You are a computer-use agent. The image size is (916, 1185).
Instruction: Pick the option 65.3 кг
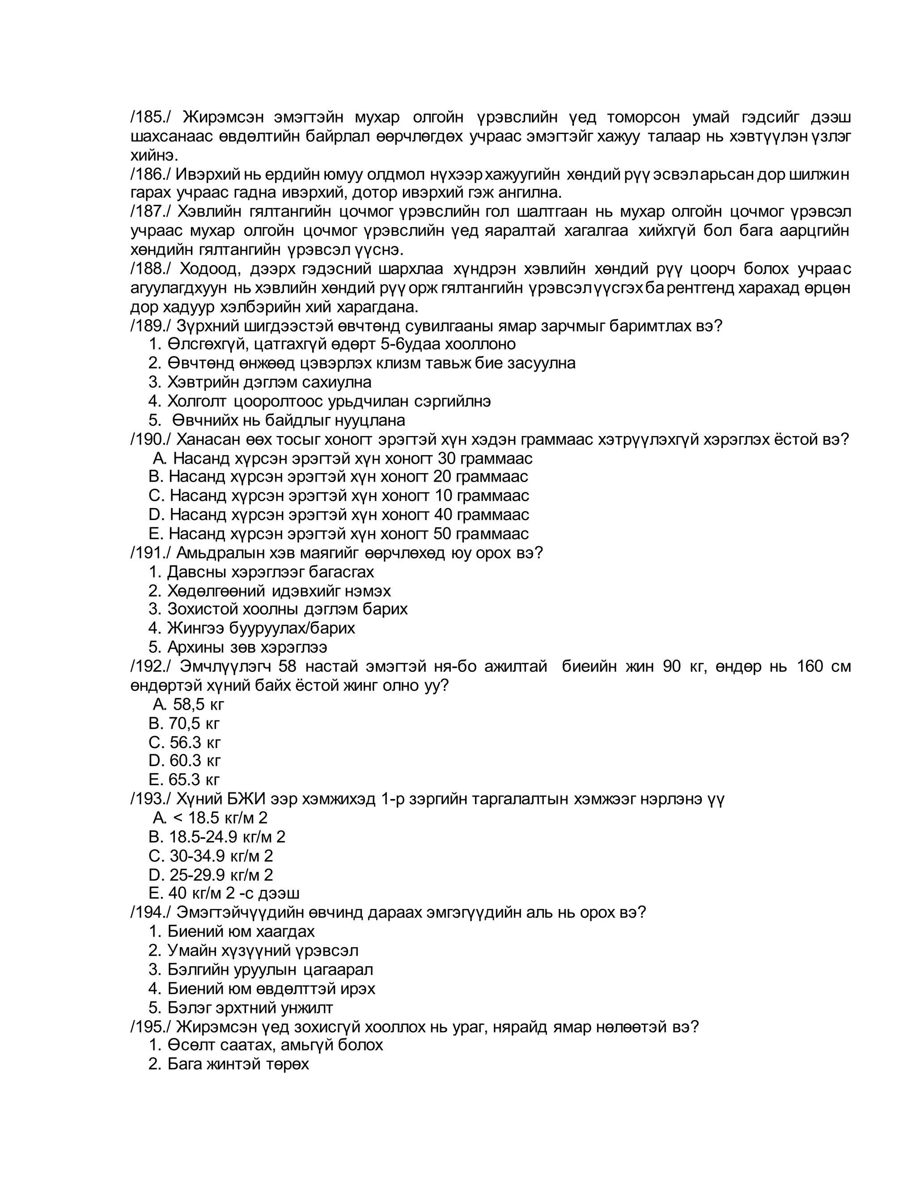click(x=194, y=780)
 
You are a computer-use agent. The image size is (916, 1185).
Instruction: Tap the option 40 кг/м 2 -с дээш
click(x=233, y=893)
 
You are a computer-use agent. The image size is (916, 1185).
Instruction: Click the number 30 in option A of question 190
click(x=446, y=458)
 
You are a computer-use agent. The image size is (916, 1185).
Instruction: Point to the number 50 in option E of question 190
click(x=442, y=534)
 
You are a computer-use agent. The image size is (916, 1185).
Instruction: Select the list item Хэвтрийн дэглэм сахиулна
click(x=269, y=382)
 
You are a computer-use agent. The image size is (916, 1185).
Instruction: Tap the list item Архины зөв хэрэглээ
click(x=247, y=648)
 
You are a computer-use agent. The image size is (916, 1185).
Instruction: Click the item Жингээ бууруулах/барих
click(x=260, y=628)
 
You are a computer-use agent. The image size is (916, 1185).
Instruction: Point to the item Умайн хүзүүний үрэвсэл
click(x=263, y=951)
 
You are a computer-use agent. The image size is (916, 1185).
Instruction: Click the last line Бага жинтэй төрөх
click(x=237, y=1064)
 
